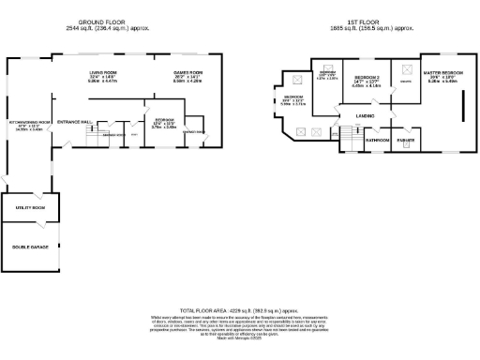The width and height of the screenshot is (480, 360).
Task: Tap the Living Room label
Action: click(101, 72)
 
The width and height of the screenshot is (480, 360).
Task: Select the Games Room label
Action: click(187, 72)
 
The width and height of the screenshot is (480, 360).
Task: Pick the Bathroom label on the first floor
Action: click(378, 141)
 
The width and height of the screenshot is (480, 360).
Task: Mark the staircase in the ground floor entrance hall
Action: click(94, 139)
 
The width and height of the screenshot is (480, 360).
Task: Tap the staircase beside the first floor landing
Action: click(346, 139)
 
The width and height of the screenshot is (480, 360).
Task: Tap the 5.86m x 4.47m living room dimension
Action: click(101, 82)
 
